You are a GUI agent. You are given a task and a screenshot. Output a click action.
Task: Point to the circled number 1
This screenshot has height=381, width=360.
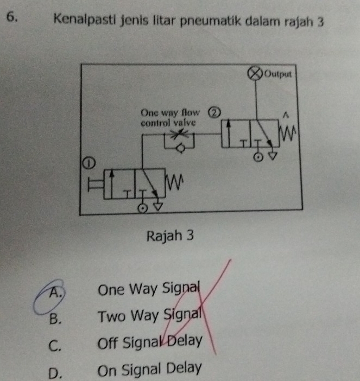pyautogui.click(x=85, y=162)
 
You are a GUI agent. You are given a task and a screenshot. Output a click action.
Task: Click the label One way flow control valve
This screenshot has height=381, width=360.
pyautogui.click(x=169, y=117)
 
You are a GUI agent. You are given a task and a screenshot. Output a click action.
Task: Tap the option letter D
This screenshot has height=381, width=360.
pyautogui.click(x=54, y=370)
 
